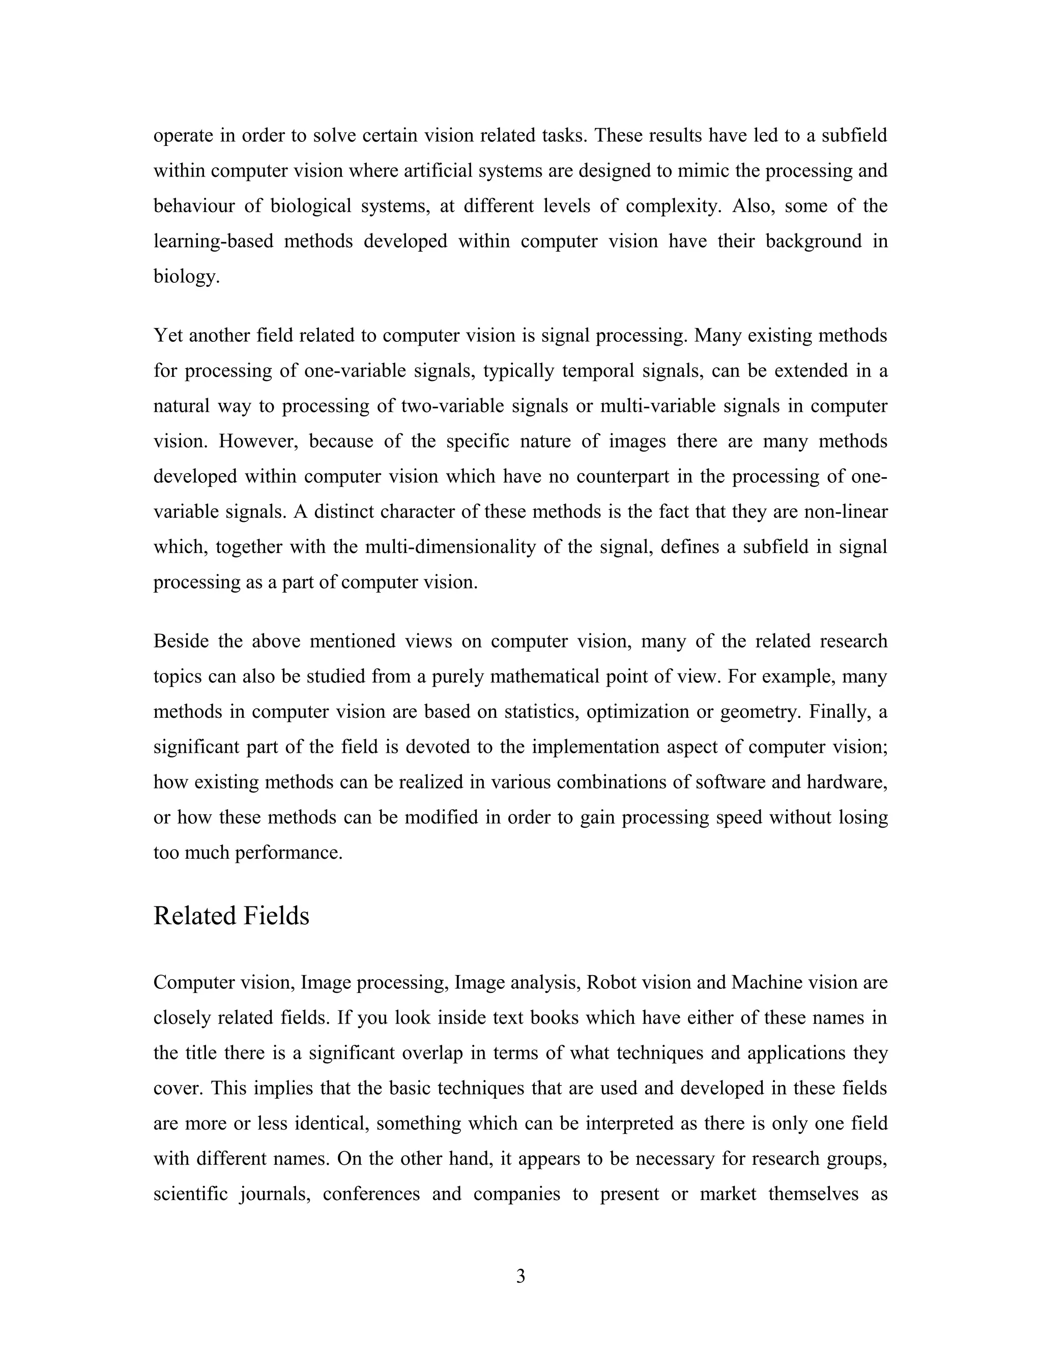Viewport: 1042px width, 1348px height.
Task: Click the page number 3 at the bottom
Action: (x=520, y=1276)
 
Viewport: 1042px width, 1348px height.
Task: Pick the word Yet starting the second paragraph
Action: (x=168, y=336)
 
